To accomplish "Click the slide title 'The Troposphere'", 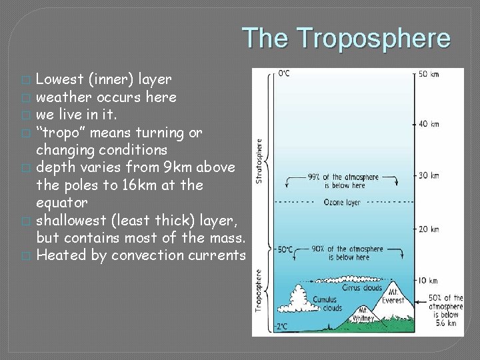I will coord(345,38).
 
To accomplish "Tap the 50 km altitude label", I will coord(429,74).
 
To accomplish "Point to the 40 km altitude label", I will coord(429,124).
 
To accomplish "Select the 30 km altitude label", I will coord(429,176).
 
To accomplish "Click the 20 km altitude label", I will coord(429,229).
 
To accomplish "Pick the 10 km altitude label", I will coord(429,281).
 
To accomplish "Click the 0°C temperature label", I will coord(284,73).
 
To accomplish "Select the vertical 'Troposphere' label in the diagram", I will coord(259,290).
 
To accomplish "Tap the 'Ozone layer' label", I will coord(343,202).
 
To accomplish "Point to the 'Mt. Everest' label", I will coord(393,295).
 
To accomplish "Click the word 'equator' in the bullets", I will coord(62,203).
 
